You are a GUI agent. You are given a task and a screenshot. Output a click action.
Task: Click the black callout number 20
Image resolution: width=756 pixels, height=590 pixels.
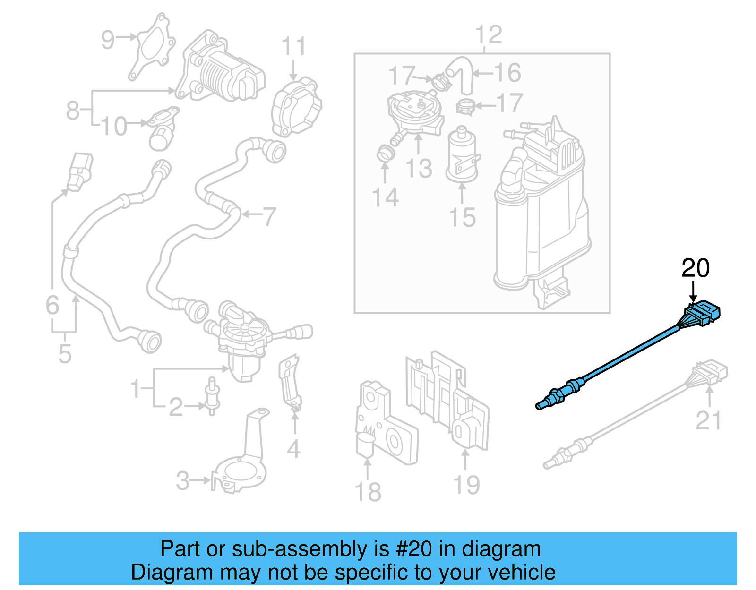695,268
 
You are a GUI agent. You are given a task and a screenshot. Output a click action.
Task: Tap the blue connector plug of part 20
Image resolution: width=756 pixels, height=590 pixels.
703,313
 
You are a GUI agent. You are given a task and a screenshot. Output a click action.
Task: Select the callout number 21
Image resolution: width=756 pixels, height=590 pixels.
708,420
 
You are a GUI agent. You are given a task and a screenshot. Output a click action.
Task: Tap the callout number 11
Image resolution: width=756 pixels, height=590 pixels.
293,47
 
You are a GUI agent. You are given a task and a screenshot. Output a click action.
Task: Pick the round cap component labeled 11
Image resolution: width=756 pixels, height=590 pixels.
296,108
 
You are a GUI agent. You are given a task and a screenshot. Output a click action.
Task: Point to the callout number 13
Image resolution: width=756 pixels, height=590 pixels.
419,169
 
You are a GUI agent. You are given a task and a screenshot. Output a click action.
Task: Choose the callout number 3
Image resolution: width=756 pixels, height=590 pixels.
182,481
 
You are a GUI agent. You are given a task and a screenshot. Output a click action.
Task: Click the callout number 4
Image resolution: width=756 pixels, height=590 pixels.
293,449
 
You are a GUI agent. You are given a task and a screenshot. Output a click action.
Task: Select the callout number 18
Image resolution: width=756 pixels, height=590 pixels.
368,492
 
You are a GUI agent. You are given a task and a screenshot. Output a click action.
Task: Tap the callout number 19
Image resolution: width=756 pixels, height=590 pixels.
466,485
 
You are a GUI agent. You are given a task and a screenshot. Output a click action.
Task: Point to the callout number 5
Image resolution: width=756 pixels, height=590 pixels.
65,354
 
